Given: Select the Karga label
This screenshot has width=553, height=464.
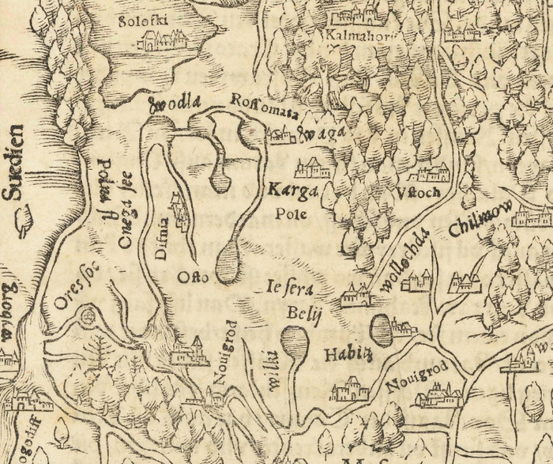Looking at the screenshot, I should (292, 191).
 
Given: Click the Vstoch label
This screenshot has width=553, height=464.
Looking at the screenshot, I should (416, 194).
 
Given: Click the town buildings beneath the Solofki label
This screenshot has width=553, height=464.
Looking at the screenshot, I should (164, 41).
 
